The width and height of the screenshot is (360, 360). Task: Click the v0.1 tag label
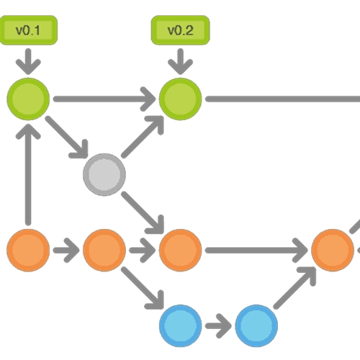(28, 30)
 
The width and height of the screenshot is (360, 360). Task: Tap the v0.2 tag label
(180, 30)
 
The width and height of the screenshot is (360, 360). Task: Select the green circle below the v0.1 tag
(28, 99)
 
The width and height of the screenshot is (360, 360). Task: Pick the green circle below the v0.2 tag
(180, 99)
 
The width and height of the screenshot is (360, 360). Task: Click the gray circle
(104, 175)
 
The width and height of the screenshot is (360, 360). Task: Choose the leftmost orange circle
(28, 251)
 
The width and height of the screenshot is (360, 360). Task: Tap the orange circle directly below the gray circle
(104, 251)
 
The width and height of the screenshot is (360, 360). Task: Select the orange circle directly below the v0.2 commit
(180, 251)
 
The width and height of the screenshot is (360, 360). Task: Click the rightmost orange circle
(333, 251)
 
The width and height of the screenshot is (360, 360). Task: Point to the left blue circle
(180, 326)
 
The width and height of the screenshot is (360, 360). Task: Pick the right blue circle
(256, 326)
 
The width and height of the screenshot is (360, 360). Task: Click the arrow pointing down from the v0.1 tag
(28, 61)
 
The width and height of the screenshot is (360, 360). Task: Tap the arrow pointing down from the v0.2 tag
(180, 61)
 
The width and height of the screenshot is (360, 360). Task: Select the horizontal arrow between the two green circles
(104, 99)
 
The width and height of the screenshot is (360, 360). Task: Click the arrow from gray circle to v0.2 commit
(143, 137)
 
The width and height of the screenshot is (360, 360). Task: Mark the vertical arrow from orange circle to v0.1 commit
(28, 175)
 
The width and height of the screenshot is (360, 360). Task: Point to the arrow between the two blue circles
(218, 326)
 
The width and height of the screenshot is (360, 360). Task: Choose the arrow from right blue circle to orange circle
(294, 288)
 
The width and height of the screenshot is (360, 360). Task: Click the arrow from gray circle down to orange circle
(143, 212)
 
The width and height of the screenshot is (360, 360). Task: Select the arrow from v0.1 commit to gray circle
(66, 137)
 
